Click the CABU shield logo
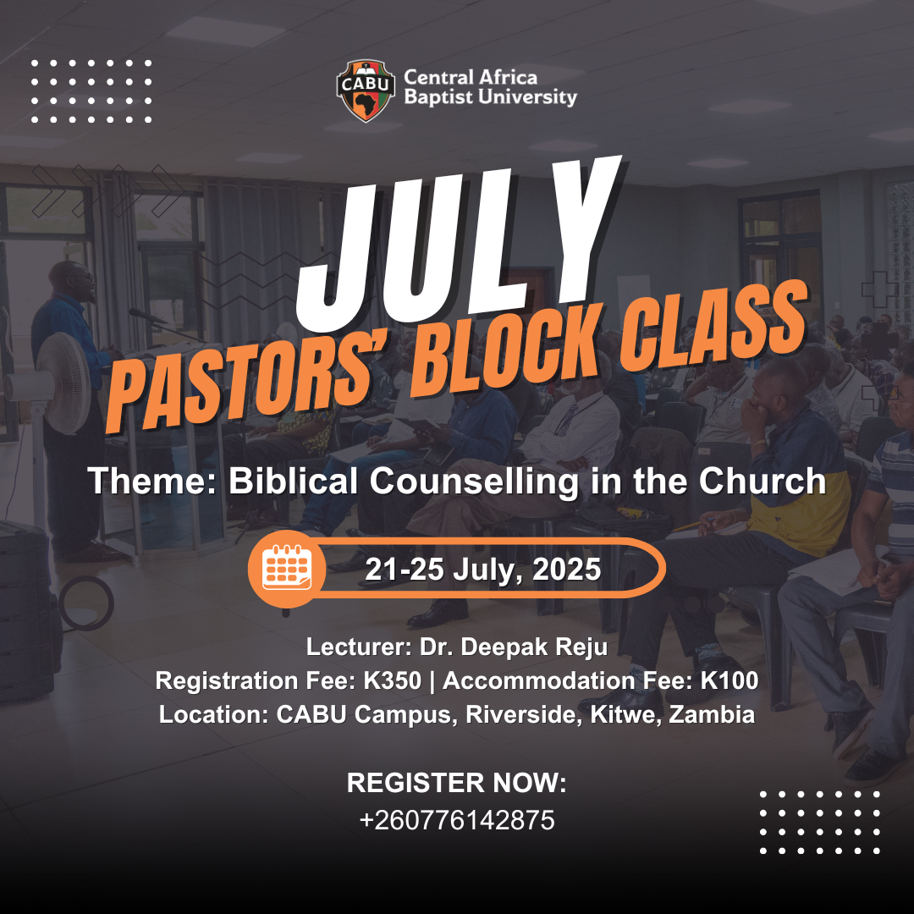366,91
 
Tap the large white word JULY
458,244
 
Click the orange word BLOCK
504,350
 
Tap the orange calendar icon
287,569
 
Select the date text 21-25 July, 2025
482,570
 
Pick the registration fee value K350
393,680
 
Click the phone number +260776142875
457,820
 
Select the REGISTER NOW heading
457,783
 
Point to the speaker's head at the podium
73,281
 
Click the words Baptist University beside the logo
490,97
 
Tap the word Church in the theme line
763,482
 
